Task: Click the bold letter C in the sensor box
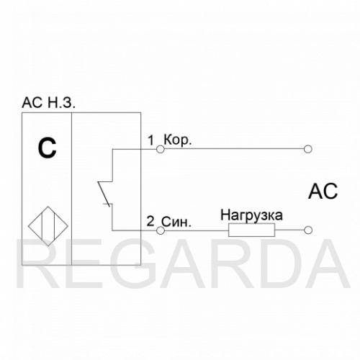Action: (47, 148)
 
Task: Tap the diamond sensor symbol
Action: (48, 226)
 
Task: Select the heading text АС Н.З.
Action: (48, 103)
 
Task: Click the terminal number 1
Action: (150, 140)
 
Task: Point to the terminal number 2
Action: (150, 221)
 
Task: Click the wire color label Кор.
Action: (178, 140)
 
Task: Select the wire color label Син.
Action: (176, 222)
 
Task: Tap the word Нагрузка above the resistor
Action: (251, 215)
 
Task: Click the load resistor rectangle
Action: (251, 230)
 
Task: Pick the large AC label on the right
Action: (323, 192)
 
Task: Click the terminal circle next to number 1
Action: (161, 149)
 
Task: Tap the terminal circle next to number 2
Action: (161, 230)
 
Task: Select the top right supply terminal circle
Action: (307, 149)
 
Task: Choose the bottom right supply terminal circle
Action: (307, 230)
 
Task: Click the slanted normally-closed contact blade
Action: (104, 194)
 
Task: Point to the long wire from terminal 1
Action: (234, 149)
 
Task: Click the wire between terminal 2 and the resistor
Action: (197, 230)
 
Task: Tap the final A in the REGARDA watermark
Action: (325, 264)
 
